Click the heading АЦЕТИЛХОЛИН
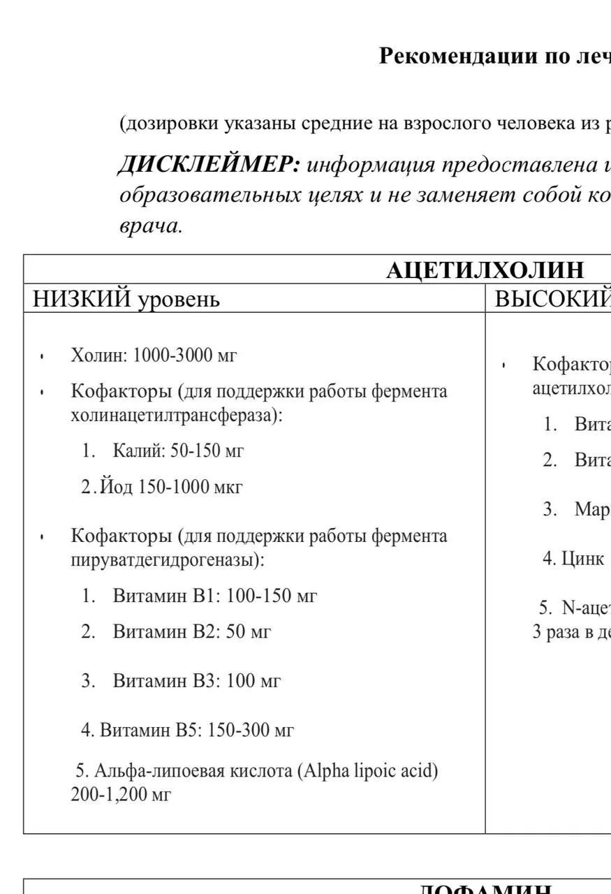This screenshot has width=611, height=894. (485, 270)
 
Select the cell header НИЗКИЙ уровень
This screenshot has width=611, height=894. (126, 299)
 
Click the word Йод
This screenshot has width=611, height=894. (116, 486)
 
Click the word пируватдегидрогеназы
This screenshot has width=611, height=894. (168, 559)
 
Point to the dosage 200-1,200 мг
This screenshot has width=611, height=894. (120, 795)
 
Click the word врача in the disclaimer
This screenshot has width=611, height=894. (151, 226)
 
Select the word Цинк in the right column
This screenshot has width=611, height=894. (583, 559)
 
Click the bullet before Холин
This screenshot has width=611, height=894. (43, 357)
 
